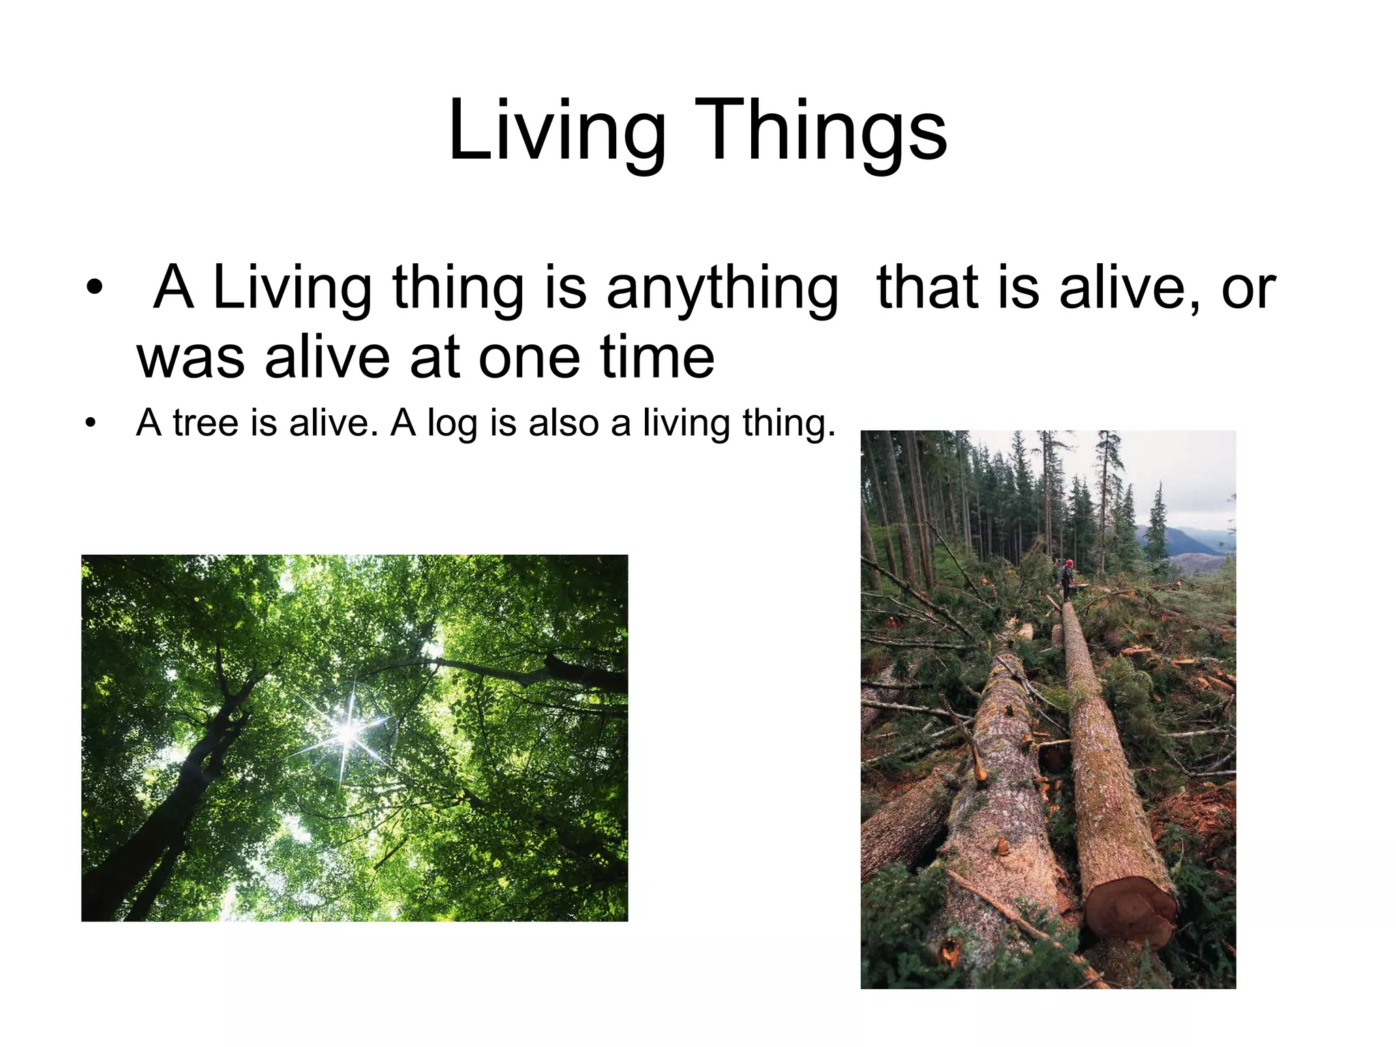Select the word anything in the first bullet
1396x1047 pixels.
723,288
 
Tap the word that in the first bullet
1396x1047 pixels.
927,287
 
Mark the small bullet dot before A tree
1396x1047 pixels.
89,423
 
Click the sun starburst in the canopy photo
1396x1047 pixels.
347,732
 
